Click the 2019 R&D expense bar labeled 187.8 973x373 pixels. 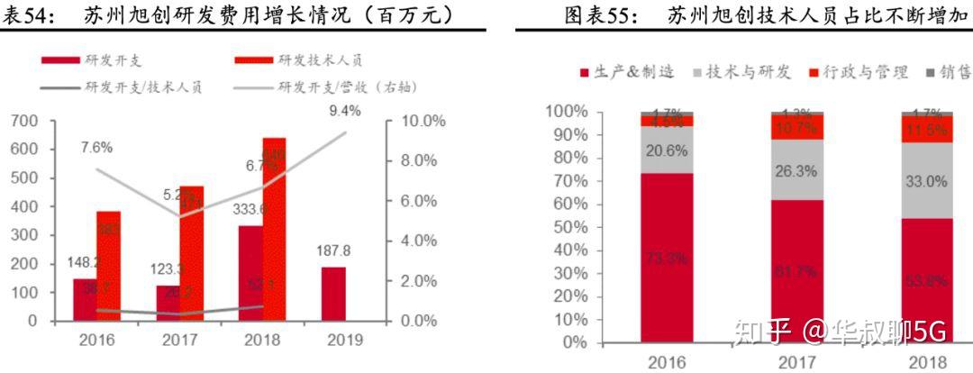(x=332, y=293)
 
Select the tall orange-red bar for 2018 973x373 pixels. (x=274, y=234)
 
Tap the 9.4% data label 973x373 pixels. (x=344, y=111)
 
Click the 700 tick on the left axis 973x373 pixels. (x=24, y=121)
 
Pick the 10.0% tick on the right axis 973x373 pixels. (x=418, y=121)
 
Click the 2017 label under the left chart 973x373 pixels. (x=177, y=340)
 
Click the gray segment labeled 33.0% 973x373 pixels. (x=925, y=180)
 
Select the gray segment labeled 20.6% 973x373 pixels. (x=667, y=150)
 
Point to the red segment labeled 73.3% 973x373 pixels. (x=667, y=259)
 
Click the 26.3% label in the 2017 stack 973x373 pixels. (x=796, y=171)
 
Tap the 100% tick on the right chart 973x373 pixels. (x=566, y=112)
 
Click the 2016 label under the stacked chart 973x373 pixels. (x=667, y=362)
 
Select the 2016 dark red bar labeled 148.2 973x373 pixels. (x=85, y=299)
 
